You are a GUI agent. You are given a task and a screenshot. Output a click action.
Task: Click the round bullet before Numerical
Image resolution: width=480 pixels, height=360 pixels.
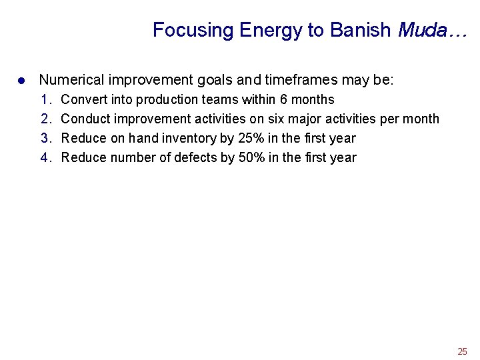pyautogui.click(x=21, y=81)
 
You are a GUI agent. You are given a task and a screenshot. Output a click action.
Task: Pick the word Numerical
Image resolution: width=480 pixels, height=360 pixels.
pyautogui.click(x=71, y=81)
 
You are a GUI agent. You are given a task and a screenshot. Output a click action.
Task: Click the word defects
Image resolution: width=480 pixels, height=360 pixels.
pyautogui.click(x=195, y=158)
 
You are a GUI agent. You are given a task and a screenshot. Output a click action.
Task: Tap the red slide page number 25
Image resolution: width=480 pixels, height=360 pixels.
pyautogui.click(x=462, y=351)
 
